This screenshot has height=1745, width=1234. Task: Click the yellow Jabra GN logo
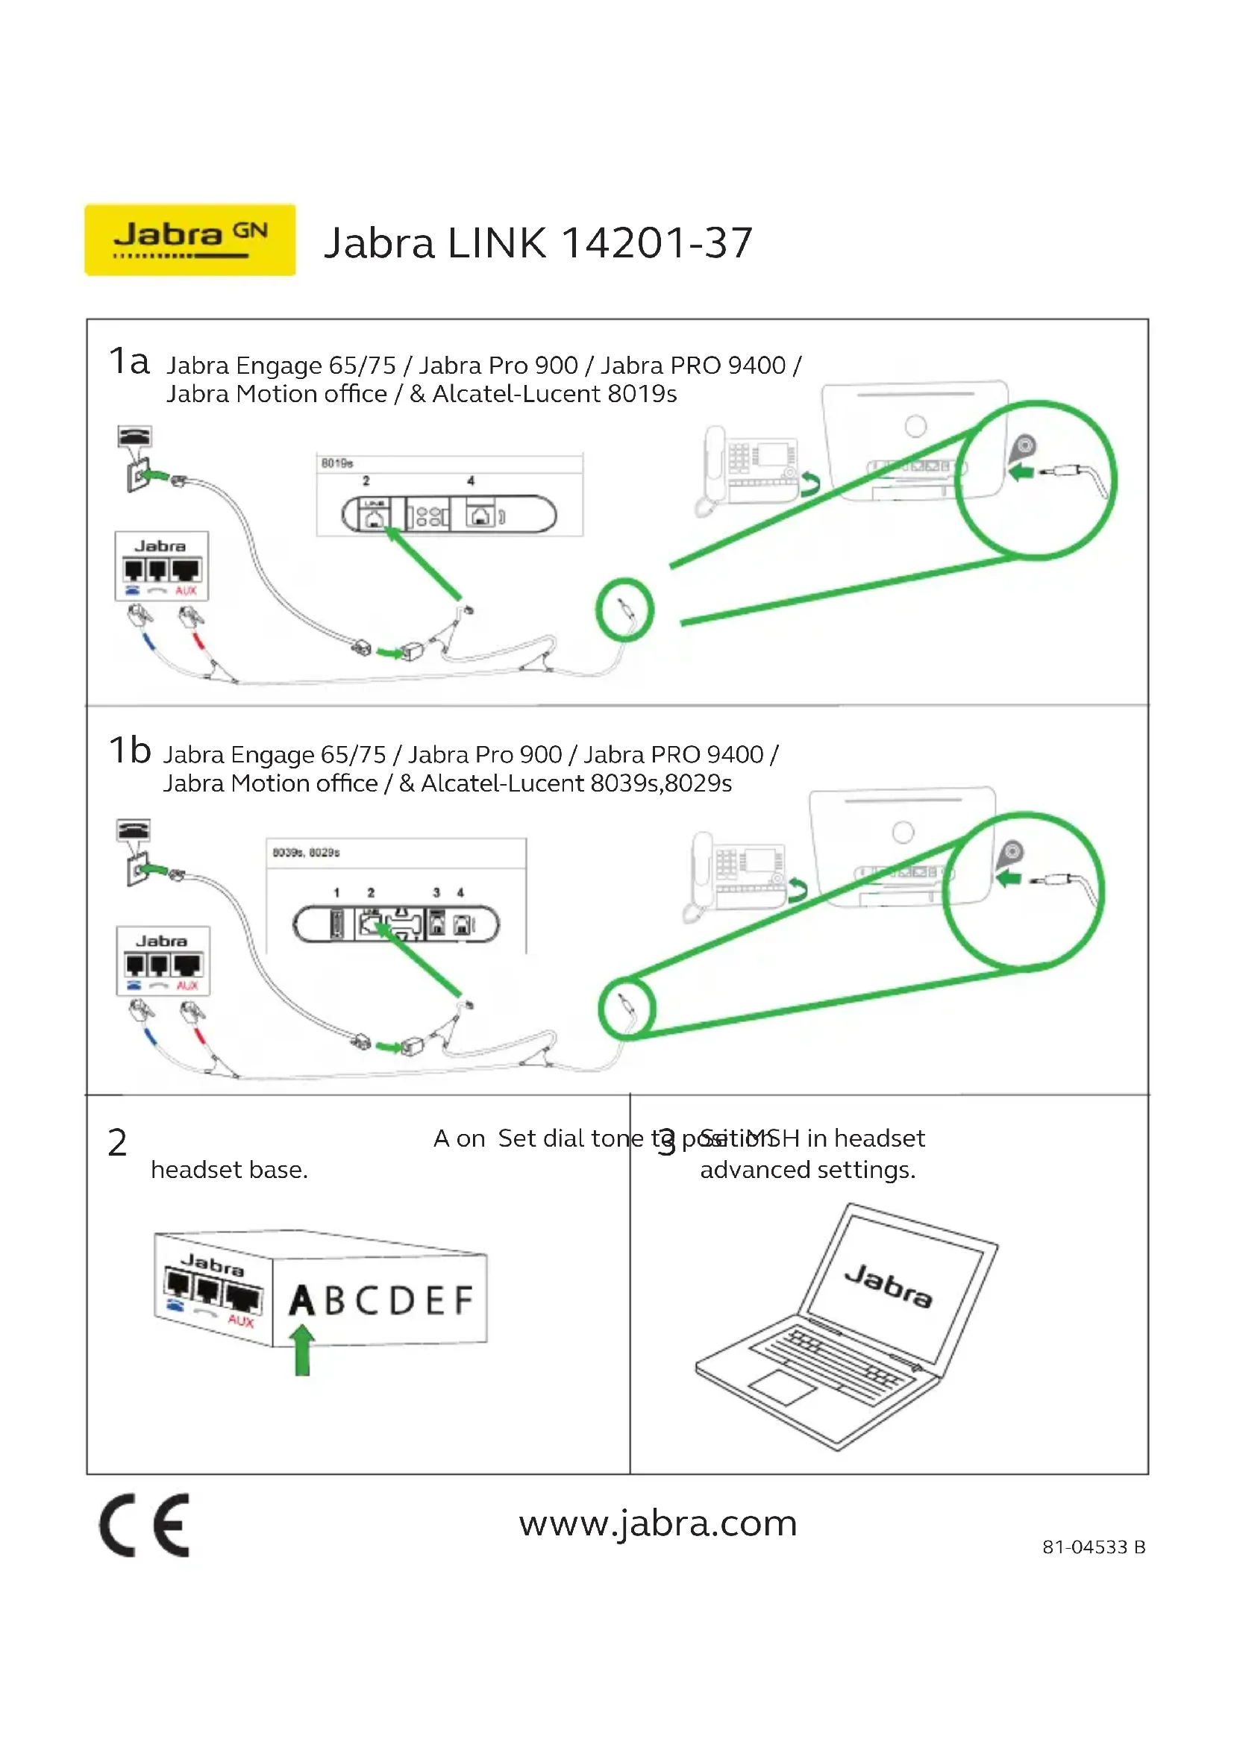click(190, 239)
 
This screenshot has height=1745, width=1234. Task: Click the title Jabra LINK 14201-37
click(538, 243)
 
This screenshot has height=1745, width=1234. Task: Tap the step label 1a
click(128, 361)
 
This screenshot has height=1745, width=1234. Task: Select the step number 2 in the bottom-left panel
click(117, 1143)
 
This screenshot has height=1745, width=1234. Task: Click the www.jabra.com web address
click(658, 1523)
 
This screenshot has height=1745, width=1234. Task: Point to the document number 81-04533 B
click(1094, 1547)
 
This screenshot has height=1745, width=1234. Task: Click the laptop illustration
click(847, 1326)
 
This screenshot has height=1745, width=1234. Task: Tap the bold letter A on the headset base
click(301, 1300)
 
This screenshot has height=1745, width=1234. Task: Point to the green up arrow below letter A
click(302, 1350)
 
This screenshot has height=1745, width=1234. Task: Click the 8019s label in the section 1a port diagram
click(336, 463)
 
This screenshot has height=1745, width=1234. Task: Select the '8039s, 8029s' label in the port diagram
click(306, 853)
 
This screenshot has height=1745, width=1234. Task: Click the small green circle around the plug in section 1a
click(624, 610)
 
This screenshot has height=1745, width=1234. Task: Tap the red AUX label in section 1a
click(187, 591)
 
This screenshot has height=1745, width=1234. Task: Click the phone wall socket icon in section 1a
click(136, 458)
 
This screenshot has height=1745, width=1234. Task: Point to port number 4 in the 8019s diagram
click(470, 480)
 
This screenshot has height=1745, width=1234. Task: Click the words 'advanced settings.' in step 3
click(808, 1170)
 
